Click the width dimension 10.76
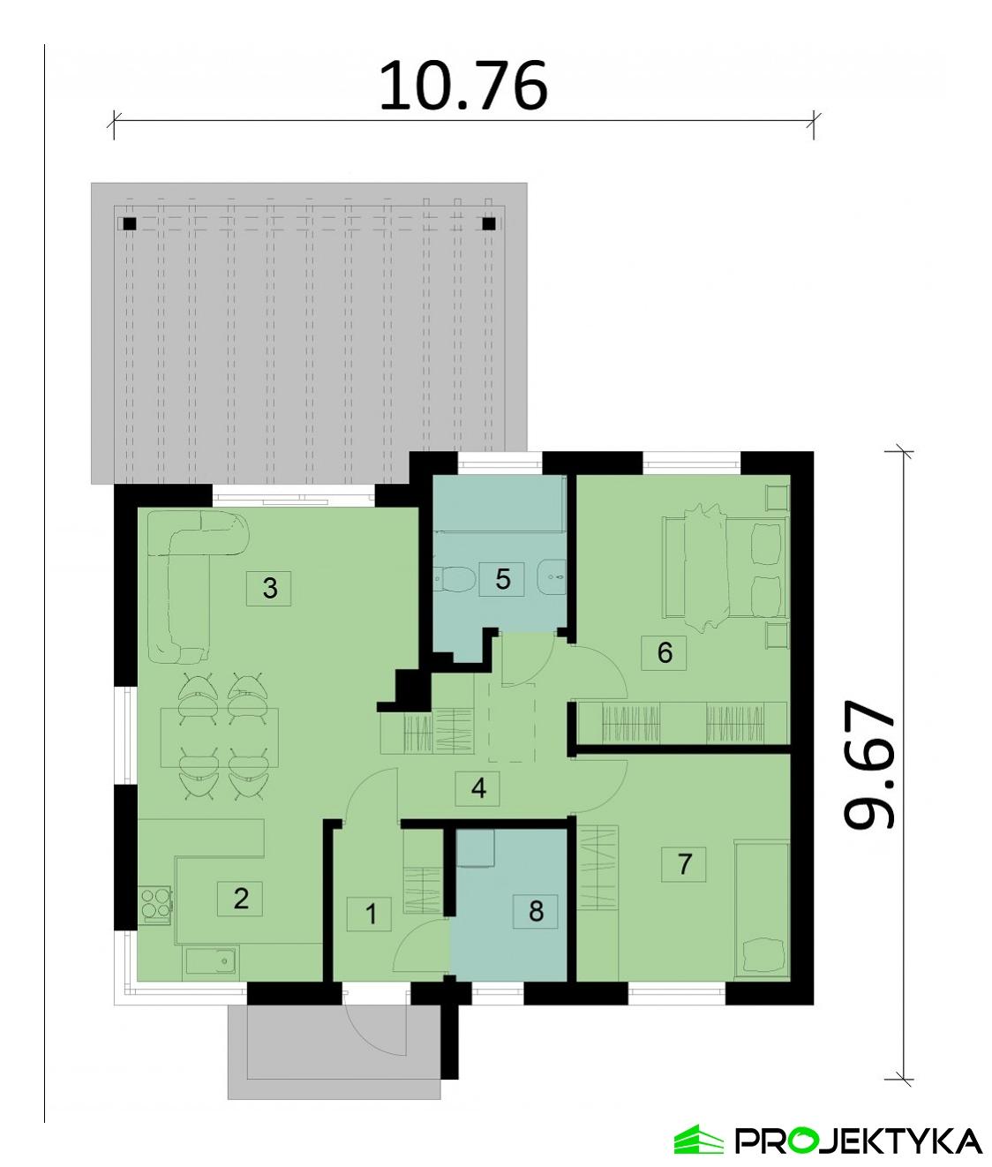(x=463, y=86)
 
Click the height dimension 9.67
(x=870, y=765)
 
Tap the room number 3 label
(x=270, y=587)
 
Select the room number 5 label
(x=502, y=578)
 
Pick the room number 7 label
(x=685, y=862)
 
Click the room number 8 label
(x=536, y=910)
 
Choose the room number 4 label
(x=478, y=787)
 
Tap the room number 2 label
(x=241, y=898)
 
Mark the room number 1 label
(x=371, y=914)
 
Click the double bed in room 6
(x=724, y=567)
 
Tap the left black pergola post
(x=130, y=223)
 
